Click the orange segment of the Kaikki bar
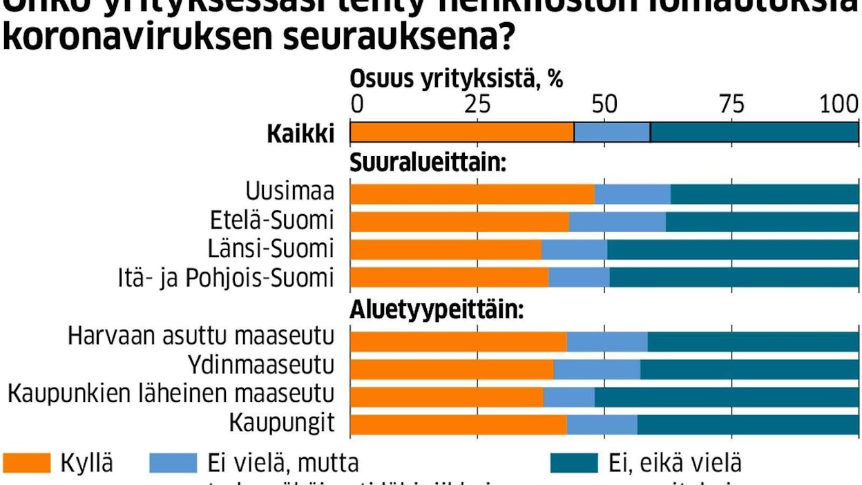461,132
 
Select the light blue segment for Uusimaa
632,194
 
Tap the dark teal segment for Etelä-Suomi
761,222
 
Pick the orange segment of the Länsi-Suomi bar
446,249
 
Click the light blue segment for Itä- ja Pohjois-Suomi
579,277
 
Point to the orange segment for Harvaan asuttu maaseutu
458,342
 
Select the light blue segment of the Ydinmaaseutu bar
597,370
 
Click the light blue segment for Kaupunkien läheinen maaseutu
568,397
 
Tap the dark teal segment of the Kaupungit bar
747,425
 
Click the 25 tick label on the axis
477,104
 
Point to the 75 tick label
732,104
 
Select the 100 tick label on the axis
839,104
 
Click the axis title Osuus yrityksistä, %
457,79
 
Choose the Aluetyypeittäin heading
437,310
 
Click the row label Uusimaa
290,191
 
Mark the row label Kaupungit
282,422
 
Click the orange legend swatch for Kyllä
27,464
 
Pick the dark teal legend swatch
573,464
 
